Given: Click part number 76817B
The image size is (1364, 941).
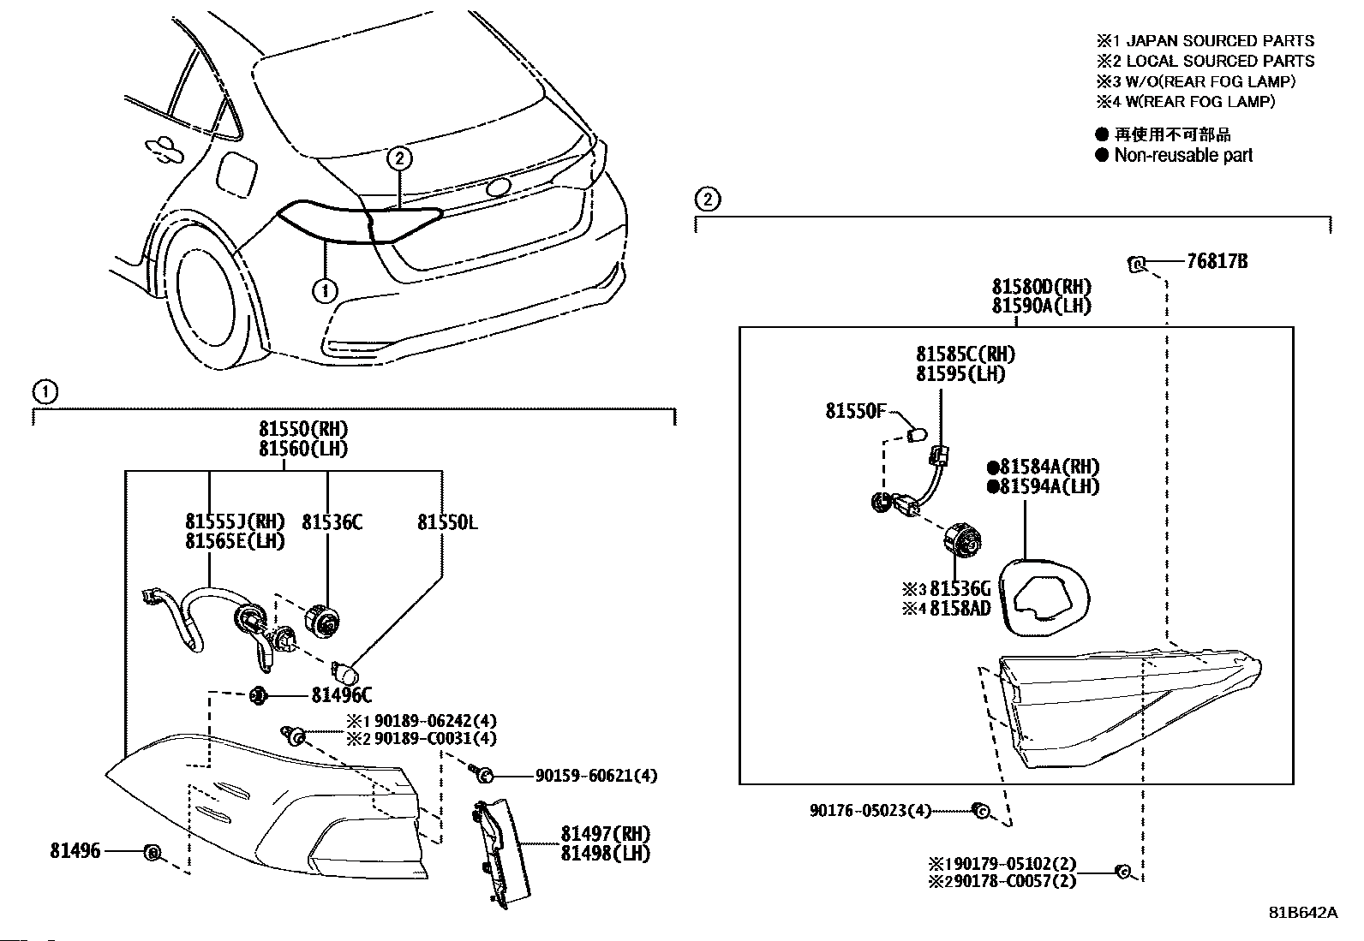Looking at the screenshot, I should click(1217, 261).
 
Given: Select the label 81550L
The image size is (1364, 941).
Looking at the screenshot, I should click(447, 521).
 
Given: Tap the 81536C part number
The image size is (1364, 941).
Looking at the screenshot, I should click(332, 521).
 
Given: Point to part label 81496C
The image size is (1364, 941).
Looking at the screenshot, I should click(341, 695).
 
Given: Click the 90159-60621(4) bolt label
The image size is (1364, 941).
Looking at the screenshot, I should click(595, 776).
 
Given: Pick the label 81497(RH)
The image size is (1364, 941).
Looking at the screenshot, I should click(606, 833).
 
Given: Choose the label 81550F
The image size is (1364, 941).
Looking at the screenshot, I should click(855, 411).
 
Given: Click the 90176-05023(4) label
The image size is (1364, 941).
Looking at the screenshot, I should click(870, 810).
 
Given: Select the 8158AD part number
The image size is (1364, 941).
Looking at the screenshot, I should click(960, 608).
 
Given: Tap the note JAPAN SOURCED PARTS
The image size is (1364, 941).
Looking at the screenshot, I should click(1218, 40).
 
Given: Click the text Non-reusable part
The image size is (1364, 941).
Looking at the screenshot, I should click(1182, 155).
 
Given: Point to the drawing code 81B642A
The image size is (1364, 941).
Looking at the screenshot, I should click(1302, 912).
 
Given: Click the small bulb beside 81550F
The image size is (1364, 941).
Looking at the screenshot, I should click(918, 434).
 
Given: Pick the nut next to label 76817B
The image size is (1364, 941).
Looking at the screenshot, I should click(1138, 263).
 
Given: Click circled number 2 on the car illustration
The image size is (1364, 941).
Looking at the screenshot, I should click(399, 158).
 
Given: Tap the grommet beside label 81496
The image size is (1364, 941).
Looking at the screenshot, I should click(152, 852).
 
